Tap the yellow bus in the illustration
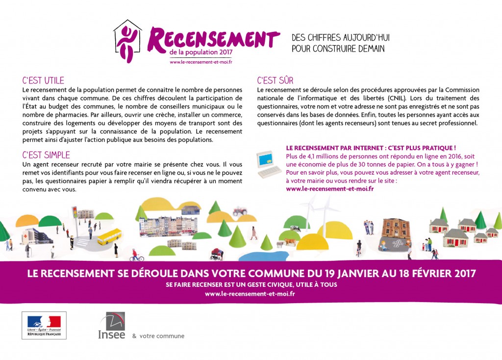(x=109, y=236)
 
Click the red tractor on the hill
(x=239, y=211)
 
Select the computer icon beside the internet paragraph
(x=268, y=163)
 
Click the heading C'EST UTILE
(x=43, y=80)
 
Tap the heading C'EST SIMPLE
(x=46, y=155)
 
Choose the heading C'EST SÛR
(x=275, y=80)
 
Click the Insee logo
(x=112, y=326)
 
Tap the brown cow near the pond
(x=290, y=241)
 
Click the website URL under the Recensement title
(x=201, y=62)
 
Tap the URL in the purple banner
(x=250, y=294)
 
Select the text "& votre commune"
(x=158, y=336)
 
